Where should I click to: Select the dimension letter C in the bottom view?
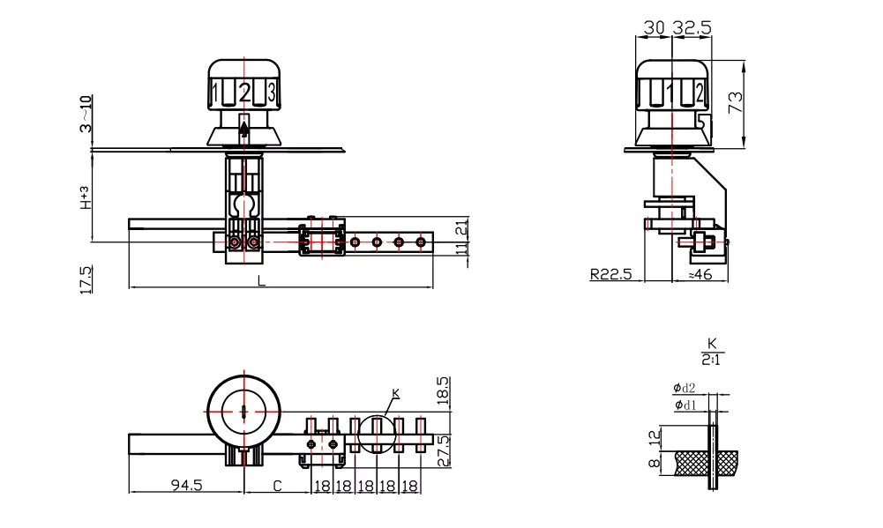click(277, 486)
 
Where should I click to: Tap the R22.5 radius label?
click(611, 274)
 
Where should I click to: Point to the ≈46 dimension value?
click(700, 274)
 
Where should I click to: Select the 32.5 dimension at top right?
click(692, 28)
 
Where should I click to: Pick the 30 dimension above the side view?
click(654, 28)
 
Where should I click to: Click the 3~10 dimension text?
click(84, 115)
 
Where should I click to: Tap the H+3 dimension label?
click(85, 198)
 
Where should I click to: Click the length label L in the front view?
click(260, 280)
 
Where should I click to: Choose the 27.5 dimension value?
click(444, 450)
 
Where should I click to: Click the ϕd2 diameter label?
click(684, 388)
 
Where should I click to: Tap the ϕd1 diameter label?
click(684, 405)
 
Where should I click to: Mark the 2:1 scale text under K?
click(710, 360)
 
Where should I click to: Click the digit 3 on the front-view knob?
click(272, 92)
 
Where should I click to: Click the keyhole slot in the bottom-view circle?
click(243, 410)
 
